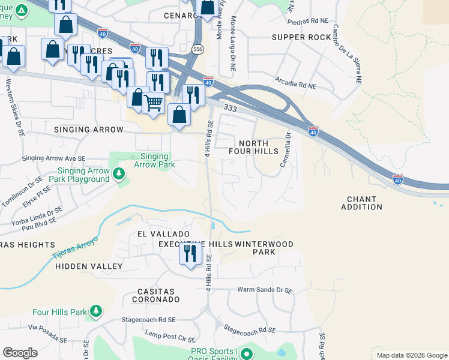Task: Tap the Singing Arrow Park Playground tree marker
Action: (119, 174)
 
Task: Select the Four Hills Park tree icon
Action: (95, 311)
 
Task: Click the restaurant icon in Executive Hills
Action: (190, 253)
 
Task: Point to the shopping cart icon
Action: (153, 103)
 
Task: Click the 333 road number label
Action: (229, 107)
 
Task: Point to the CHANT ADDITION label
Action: (361, 203)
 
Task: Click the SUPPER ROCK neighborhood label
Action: (301, 37)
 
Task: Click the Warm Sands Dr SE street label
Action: (265, 290)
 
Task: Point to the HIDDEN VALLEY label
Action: (89, 266)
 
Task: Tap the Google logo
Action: (20, 353)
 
